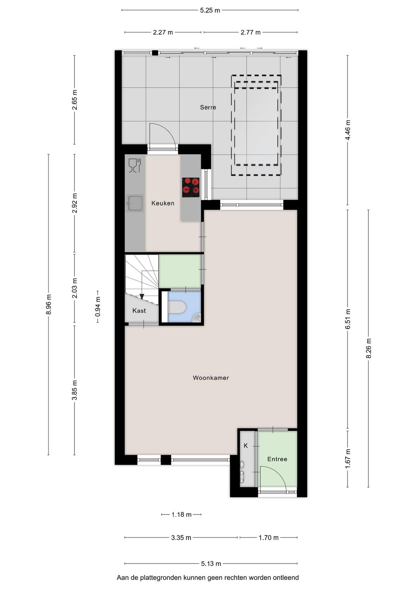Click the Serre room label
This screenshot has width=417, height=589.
[x=208, y=107]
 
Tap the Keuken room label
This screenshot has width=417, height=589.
[x=163, y=203]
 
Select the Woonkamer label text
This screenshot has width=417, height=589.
[x=211, y=378]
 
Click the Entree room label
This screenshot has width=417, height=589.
[x=277, y=459]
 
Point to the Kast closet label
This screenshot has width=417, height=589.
[x=139, y=311]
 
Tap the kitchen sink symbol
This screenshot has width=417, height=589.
[x=134, y=203]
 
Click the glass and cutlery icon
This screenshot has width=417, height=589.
[x=135, y=165]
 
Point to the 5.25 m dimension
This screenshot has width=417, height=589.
[x=210, y=10]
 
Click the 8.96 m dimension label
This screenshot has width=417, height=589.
[x=49, y=304]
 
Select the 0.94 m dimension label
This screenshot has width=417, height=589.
[x=98, y=307]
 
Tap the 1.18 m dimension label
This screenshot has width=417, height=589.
[x=181, y=515]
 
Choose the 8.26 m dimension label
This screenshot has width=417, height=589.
[x=368, y=348]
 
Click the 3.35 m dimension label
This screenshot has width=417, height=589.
[x=181, y=538]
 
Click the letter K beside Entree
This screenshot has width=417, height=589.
[x=246, y=446]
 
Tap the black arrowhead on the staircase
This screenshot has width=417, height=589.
[x=142, y=296]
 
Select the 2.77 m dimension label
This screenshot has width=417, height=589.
[x=250, y=32]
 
